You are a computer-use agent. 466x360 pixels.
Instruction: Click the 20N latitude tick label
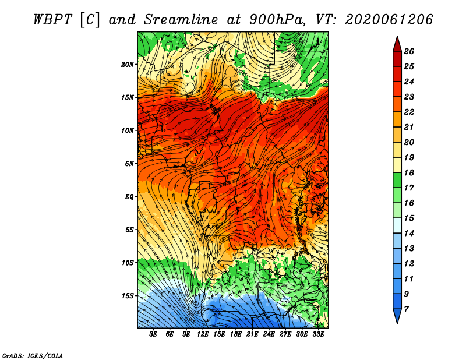point(128,65)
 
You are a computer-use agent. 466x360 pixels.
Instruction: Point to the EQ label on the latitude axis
point(129,197)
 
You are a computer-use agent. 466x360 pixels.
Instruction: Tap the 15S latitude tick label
point(128,296)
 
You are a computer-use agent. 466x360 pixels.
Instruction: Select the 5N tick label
point(129,164)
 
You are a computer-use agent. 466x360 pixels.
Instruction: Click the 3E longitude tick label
point(153,334)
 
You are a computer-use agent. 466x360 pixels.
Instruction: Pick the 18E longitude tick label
point(236,334)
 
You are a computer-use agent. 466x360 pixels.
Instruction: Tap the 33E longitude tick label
point(318,334)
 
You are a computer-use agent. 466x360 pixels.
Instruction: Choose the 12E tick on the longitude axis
point(203,334)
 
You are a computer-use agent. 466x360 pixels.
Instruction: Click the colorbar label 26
point(409,51)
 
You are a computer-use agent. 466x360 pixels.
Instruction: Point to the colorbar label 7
point(407,309)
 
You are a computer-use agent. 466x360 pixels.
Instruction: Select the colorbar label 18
point(409,172)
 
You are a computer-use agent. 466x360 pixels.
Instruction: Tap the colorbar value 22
point(409,112)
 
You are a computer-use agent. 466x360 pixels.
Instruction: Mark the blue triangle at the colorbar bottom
point(397,315)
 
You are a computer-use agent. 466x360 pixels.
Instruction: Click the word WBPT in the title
point(53,20)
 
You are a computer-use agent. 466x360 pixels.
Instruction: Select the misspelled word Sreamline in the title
point(181,20)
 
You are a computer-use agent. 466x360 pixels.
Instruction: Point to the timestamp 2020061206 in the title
point(389,20)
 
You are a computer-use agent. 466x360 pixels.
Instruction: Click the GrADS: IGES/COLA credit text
point(33,356)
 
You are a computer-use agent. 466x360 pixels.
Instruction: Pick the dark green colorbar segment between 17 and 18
point(397,180)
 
